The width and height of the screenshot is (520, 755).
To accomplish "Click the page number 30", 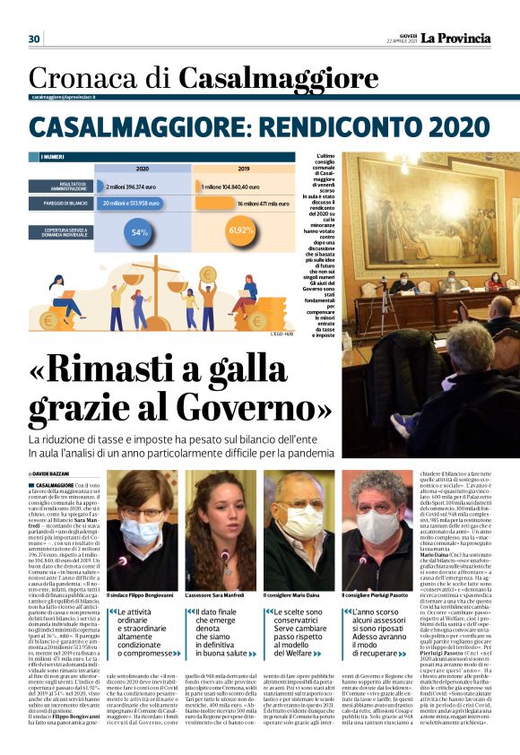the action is click(34, 39).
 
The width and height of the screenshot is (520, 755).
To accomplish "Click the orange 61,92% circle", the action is click(242, 230).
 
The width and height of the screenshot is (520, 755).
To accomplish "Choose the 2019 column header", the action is click(243, 169).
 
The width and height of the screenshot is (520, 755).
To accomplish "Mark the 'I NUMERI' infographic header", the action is click(53, 157).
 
